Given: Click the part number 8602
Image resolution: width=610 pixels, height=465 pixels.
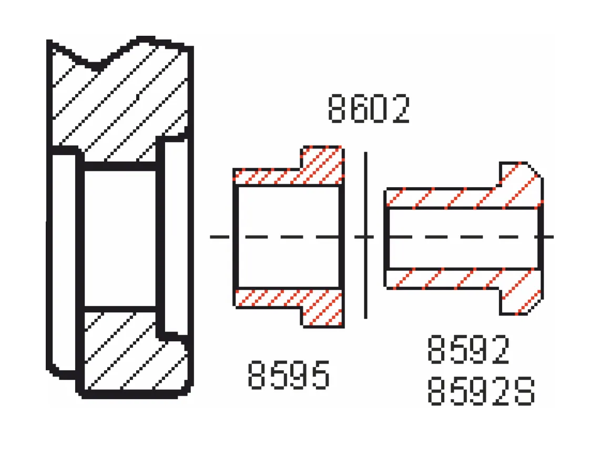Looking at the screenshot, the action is coord(369,109).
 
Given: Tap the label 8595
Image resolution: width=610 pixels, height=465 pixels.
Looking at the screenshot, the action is coord(289,375).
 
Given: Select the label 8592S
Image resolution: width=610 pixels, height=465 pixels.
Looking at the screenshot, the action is coord(481,391).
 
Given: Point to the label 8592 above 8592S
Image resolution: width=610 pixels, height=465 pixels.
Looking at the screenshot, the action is coord(469,349).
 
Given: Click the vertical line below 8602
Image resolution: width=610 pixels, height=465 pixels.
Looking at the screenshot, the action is coord(365,236).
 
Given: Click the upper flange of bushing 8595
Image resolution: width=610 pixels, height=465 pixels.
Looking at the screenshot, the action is coord(322,165).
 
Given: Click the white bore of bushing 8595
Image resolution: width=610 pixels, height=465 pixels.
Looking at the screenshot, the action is coord(288,237).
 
